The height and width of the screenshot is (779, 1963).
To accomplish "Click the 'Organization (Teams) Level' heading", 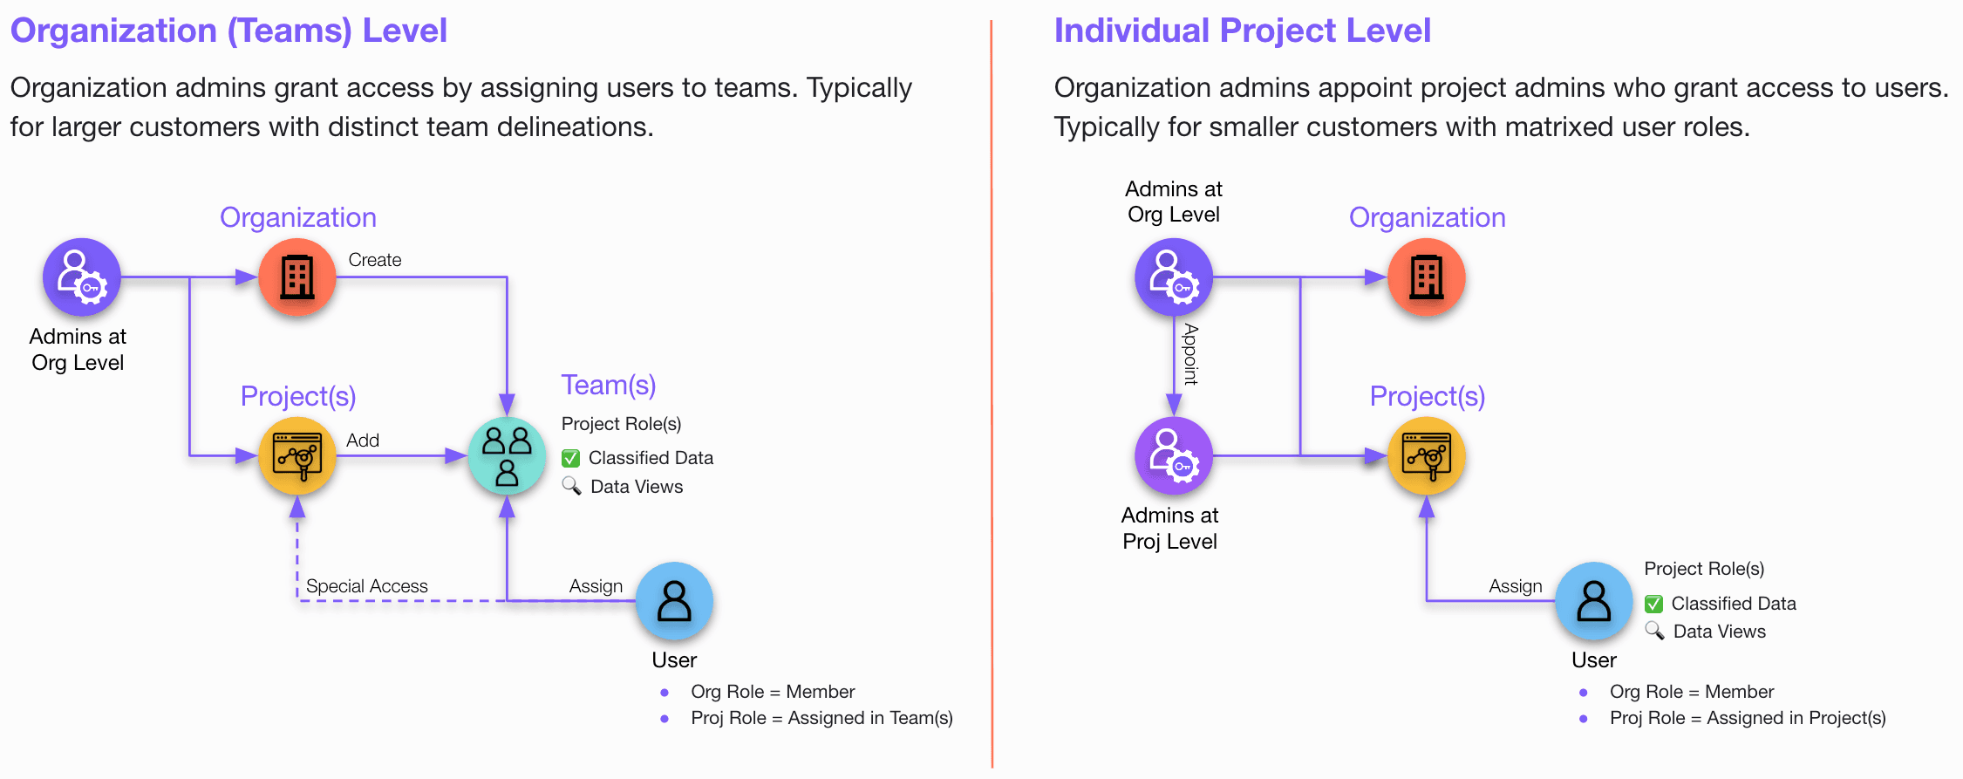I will click(228, 31).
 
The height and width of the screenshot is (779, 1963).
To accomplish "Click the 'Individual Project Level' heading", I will click(1242, 31).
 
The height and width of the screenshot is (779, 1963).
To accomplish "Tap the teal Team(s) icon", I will click(507, 455).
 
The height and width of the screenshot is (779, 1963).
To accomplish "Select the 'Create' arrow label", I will click(375, 260).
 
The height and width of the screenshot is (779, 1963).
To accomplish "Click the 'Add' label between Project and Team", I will click(363, 441).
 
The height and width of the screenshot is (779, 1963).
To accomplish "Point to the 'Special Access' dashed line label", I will click(367, 586).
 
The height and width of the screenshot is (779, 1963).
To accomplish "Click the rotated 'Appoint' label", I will click(1190, 354).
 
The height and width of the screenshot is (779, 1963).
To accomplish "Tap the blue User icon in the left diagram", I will click(674, 601).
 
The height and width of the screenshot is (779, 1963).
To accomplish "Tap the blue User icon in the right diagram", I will click(1593, 601).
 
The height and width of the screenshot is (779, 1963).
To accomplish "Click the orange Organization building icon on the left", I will click(297, 277).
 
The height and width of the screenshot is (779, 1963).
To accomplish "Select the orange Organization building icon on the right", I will click(1427, 277).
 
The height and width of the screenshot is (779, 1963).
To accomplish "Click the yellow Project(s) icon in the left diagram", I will click(297, 455).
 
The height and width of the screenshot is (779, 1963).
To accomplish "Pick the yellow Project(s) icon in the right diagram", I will click(1427, 455).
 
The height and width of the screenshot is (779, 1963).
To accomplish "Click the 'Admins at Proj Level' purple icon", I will click(1174, 455).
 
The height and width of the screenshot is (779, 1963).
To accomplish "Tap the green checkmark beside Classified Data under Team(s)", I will click(571, 458).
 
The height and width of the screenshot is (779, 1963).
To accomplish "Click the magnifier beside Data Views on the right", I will click(1654, 631).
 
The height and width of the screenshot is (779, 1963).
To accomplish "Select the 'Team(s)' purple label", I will click(609, 385).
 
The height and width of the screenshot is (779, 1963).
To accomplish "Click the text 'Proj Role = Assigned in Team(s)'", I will click(821, 718).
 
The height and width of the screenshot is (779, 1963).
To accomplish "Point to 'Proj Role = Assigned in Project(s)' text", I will click(1748, 718).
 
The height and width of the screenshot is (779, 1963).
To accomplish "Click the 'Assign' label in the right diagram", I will click(1516, 586).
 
